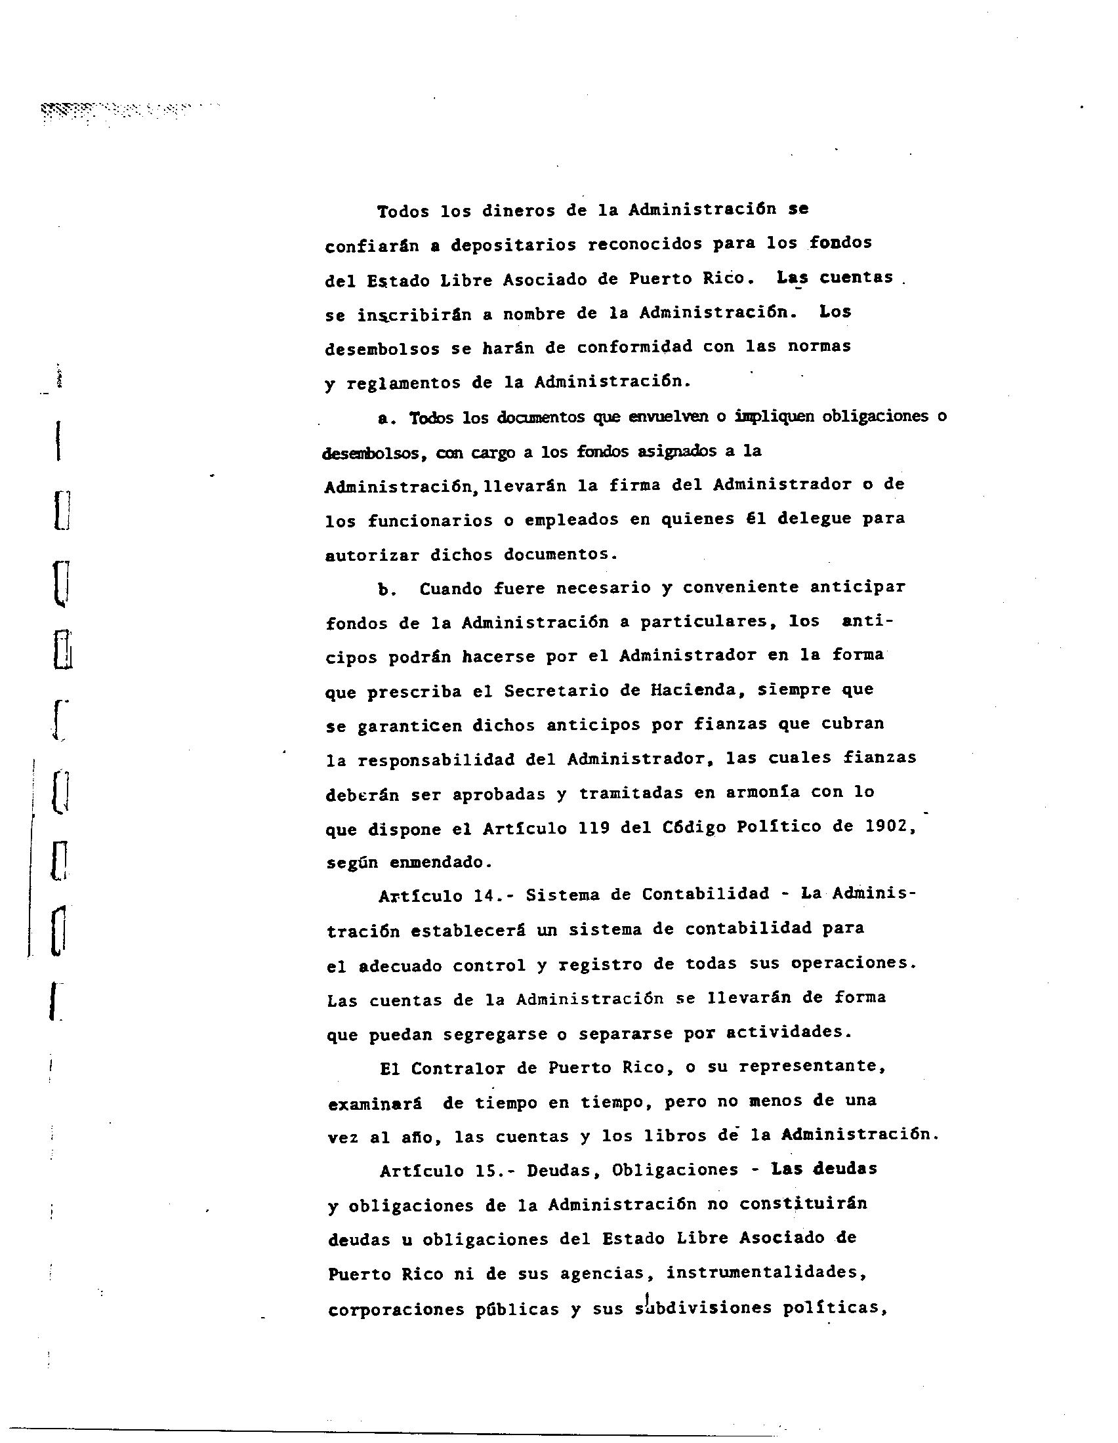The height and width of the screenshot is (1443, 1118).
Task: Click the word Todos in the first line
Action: [x=402, y=211]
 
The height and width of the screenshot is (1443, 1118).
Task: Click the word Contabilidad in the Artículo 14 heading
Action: [x=706, y=895]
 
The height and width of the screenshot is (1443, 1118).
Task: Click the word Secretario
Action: [x=560, y=691]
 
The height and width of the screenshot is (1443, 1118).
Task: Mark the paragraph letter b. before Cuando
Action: [x=386, y=589]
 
